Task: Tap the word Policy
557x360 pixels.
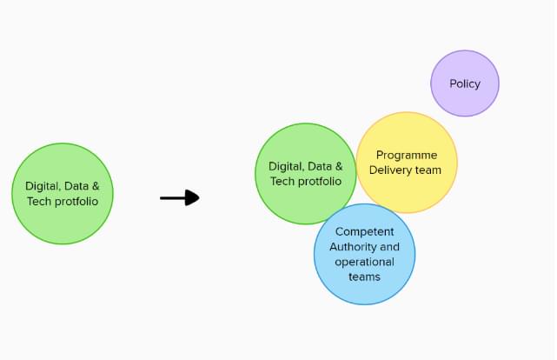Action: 465,84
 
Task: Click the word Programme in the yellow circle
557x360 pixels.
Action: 407,156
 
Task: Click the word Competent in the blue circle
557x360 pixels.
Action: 364,232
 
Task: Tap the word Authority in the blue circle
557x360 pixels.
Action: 352,247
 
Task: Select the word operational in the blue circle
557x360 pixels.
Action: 364,262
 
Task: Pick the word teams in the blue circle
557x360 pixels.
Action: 364,277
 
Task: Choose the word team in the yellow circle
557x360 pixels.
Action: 428,170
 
